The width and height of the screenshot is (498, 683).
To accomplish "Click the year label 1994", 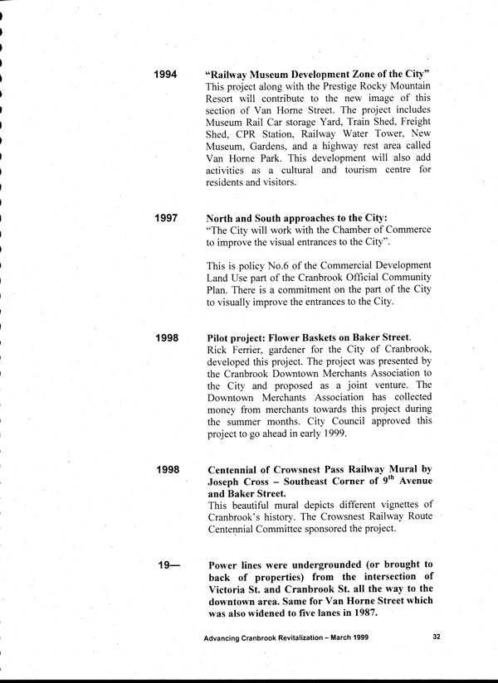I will click(x=167, y=75).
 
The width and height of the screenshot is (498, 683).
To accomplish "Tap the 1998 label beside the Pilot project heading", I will click(x=167, y=338).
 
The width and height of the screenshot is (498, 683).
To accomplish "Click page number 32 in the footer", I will click(x=437, y=637).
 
